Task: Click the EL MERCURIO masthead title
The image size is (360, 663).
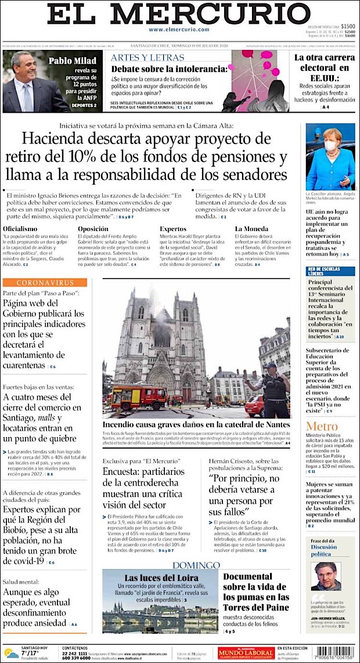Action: (179, 15)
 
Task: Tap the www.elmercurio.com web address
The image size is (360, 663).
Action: (179, 30)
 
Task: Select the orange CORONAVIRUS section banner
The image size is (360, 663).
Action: (45, 283)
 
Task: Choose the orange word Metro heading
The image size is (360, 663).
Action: (321, 427)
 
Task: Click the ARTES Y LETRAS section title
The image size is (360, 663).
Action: (147, 57)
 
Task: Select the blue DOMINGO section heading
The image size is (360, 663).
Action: (196, 565)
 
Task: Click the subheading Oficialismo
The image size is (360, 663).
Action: (20, 229)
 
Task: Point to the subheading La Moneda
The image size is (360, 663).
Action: (251, 229)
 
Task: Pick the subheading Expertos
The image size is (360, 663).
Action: (173, 229)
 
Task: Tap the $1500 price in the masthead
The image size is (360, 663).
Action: (348, 26)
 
